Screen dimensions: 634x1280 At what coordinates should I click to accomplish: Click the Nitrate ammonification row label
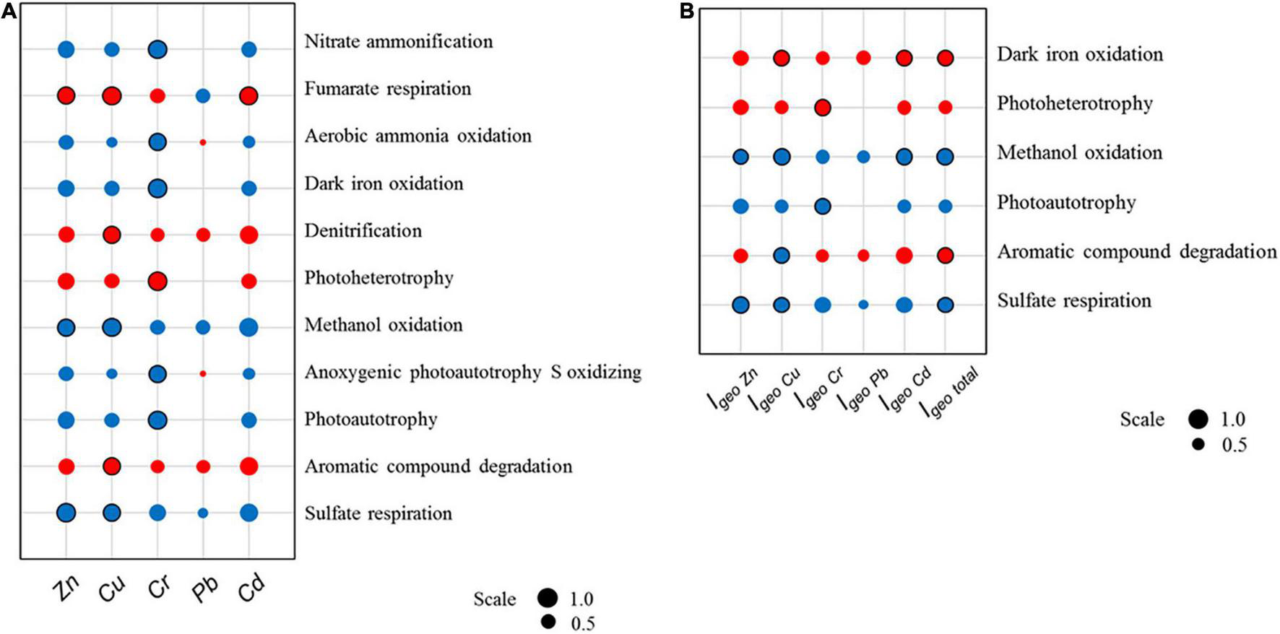(398, 42)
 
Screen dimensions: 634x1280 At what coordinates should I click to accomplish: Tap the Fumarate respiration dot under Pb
(203, 95)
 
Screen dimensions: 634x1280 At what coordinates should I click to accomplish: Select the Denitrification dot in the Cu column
(111, 234)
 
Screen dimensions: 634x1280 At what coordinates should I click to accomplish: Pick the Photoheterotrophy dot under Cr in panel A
(157, 280)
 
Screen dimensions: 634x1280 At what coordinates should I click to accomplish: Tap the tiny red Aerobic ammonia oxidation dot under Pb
(203, 142)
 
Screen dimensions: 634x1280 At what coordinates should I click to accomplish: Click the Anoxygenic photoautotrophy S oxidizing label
(472, 373)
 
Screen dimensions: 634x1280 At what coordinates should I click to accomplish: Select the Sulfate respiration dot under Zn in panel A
(66, 513)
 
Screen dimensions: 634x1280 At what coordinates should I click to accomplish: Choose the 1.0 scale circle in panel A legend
(548, 598)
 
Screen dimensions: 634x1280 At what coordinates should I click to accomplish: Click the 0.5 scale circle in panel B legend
(1199, 445)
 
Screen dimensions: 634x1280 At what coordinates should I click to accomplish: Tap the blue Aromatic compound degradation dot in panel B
(781, 255)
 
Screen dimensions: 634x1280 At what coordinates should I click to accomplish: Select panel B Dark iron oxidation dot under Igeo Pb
(863, 58)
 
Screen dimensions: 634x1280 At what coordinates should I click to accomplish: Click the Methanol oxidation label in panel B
(1079, 153)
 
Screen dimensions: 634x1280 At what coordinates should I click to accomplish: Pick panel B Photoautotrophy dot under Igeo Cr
(822, 206)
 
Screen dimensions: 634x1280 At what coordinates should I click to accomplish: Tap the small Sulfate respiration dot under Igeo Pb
(863, 305)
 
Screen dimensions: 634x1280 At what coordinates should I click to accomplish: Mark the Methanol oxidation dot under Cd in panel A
(249, 327)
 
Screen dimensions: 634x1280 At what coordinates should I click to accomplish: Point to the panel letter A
(8, 12)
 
